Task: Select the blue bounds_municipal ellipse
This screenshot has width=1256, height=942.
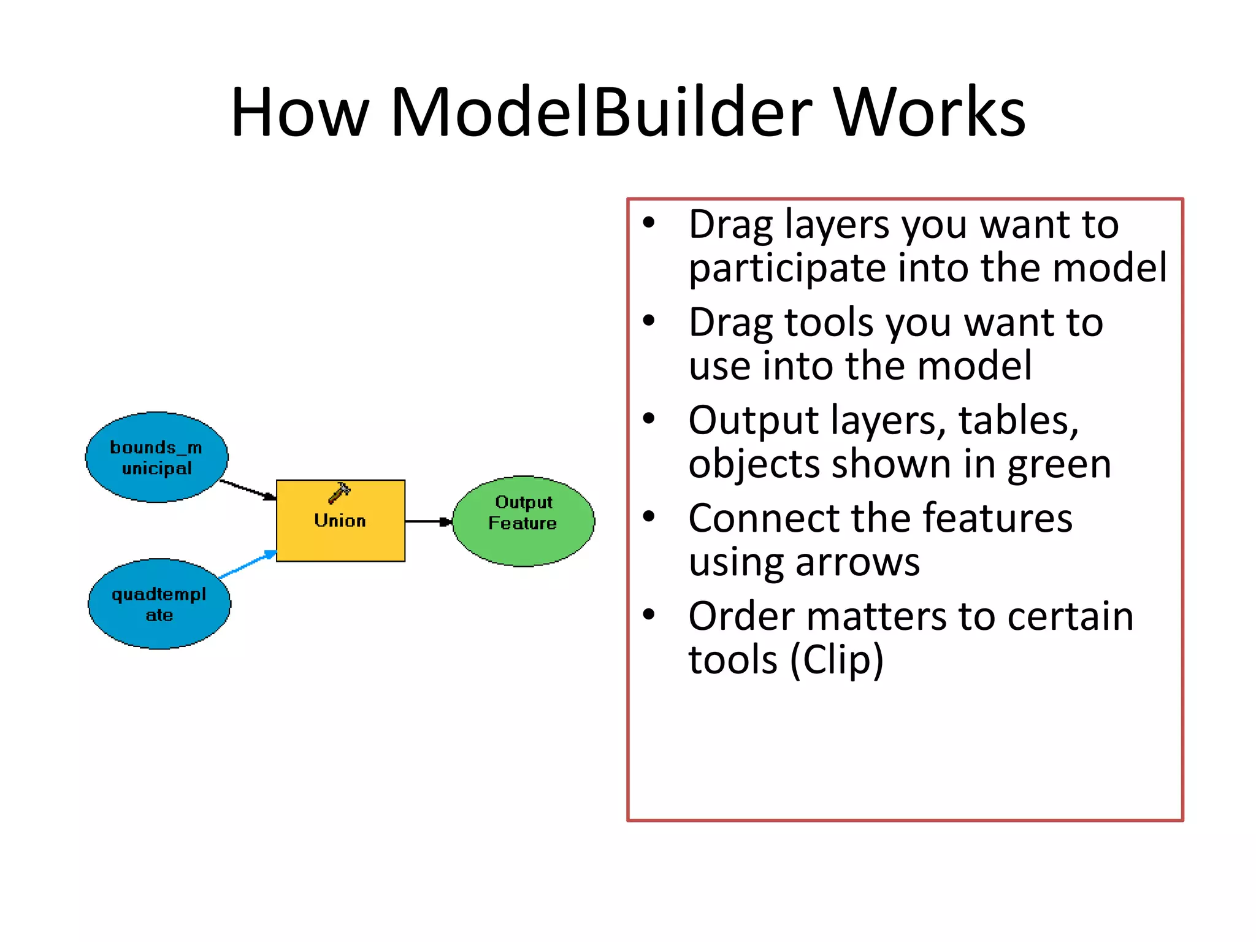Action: point(156,457)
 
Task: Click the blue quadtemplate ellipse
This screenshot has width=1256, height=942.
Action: point(159,604)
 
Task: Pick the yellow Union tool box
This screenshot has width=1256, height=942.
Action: point(340,527)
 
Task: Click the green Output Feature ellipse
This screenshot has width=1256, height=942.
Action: point(523,521)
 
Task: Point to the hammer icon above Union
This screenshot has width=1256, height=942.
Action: point(339,492)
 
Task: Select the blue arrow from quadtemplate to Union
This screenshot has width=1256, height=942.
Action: point(247,564)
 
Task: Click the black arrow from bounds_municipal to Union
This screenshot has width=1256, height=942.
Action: point(247,489)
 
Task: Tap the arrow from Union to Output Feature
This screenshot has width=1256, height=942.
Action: point(428,521)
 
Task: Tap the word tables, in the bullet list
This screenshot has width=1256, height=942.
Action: point(1018,421)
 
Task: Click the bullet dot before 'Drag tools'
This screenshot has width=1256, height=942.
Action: point(649,321)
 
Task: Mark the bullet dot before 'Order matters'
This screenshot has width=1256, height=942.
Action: point(649,615)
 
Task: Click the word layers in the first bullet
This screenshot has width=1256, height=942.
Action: point(837,225)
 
